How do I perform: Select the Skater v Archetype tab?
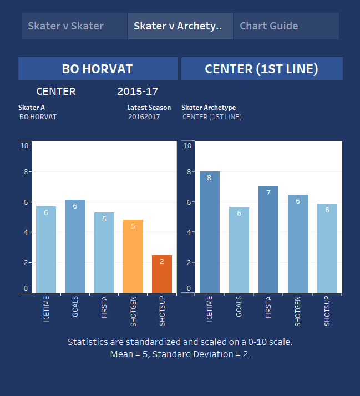[x=180, y=26]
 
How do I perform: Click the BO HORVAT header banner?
[x=98, y=69]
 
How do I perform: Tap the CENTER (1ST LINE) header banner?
[x=261, y=69]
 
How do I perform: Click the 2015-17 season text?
[x=138, y=92]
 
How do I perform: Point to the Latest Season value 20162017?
[x=144, y=117]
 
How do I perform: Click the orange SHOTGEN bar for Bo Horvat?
[x=133, y=256]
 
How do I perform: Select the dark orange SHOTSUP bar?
[x=162, y=274]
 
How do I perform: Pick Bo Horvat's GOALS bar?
[x=75, y=246]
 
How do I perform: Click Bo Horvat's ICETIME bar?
[x=46, y=250]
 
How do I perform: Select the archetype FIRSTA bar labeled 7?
[x=268, y=240]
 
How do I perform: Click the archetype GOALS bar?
[x=239, y=250]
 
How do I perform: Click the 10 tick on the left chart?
[x=24, y=146]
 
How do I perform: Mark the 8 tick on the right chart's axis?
[x=187, y=172]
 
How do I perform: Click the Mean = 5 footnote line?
[x=180, y=354]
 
